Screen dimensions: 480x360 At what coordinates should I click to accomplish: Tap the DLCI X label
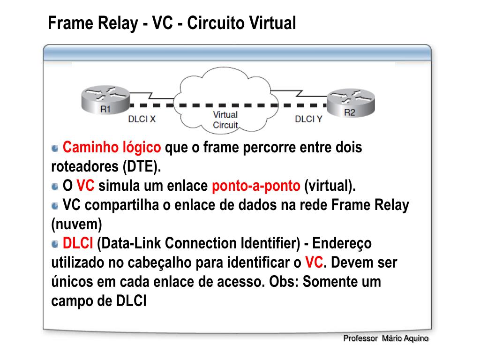point(142,119)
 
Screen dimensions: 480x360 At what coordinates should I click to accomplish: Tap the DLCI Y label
point(308,119)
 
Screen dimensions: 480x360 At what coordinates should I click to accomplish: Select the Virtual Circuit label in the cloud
point(225,120)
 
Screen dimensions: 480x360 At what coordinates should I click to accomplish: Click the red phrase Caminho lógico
point(112,147)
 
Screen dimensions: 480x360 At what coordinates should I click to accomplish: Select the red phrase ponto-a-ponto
point(256,186)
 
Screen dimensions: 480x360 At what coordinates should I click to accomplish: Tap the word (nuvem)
point(76,225)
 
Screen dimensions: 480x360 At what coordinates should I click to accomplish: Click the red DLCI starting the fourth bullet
point(78,243)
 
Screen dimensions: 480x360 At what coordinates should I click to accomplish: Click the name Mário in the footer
point(392,338)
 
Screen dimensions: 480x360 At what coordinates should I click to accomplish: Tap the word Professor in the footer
point(360,338)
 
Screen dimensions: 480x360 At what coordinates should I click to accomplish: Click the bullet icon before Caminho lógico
point(55,148)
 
